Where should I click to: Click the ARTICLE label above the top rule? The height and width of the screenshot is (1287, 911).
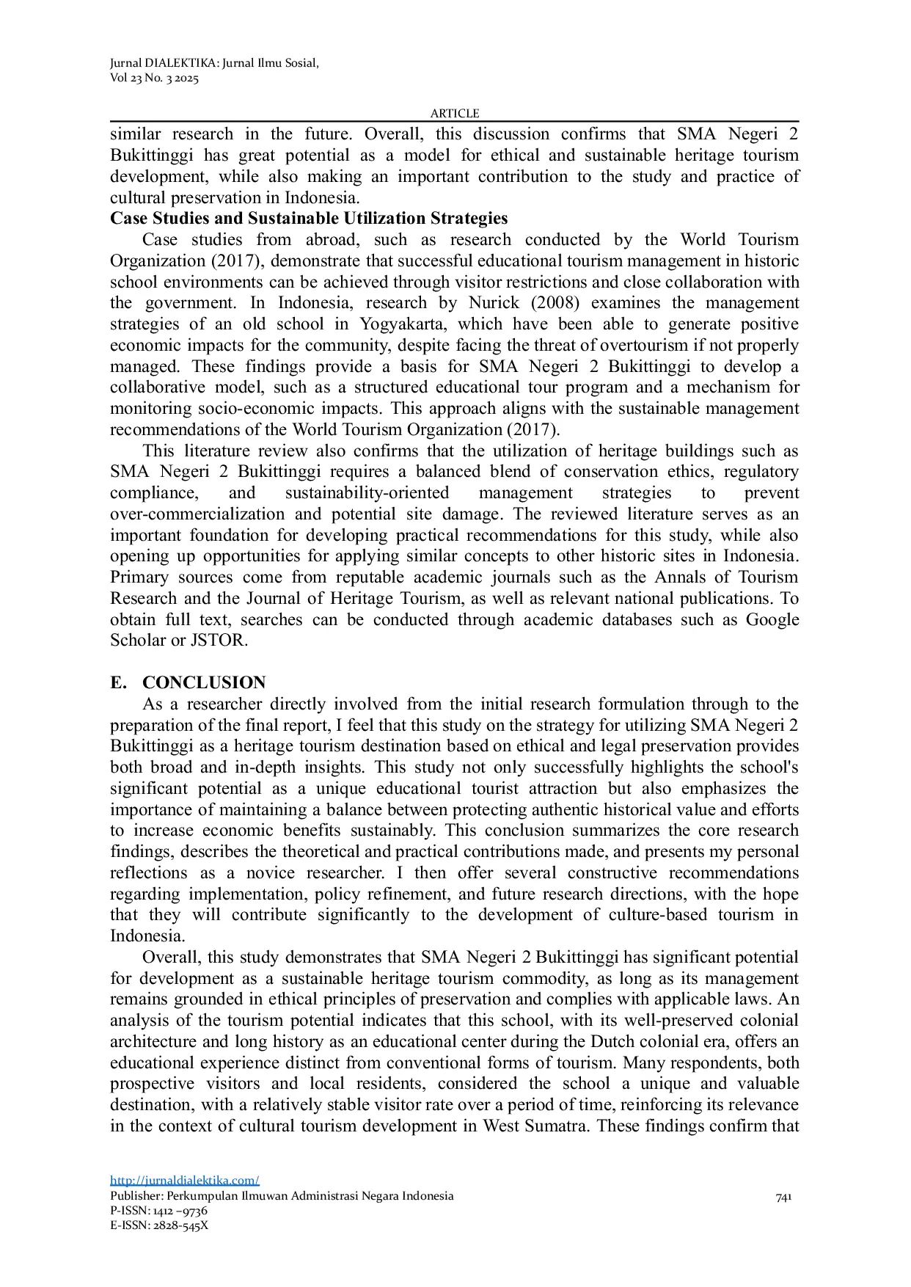click(454, 113)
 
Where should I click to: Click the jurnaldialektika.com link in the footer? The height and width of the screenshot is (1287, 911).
click(185, 1180)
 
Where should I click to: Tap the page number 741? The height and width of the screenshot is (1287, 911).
click(783, 1197)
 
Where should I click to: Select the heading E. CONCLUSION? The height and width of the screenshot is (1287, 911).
click(188, 682)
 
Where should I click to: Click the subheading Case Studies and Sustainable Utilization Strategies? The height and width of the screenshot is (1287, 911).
click(309, 219)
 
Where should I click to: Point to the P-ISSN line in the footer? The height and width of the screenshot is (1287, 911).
click(158, 1211)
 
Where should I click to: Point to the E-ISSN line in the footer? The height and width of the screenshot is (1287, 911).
click(159, 1225)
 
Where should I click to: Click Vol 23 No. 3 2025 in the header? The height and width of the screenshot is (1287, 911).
click(154, 79)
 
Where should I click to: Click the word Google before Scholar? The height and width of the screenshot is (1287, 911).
click(772, 620)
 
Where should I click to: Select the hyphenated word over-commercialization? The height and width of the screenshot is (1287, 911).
click(197, 514)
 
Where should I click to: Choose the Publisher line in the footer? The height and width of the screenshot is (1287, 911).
click(282, 1196)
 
